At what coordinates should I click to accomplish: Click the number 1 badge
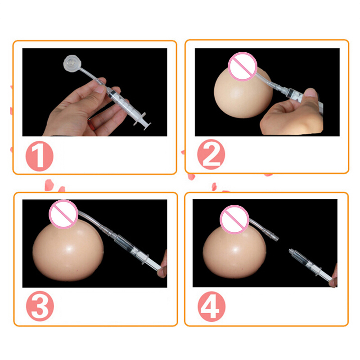pos(40,156)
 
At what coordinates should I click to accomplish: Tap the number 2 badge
pos(211,154)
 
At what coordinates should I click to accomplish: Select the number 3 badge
pos(40,306)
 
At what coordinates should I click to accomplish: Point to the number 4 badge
pos(211,306)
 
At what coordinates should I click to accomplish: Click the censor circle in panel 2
pos(243,67)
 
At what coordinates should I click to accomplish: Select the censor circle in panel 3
pos(63,214)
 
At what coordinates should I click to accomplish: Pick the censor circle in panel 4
pos(234,220)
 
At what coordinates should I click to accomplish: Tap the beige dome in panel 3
pos(68,252)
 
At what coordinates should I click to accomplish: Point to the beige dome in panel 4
pos(234,252)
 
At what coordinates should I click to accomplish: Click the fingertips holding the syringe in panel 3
pos(162,266)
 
